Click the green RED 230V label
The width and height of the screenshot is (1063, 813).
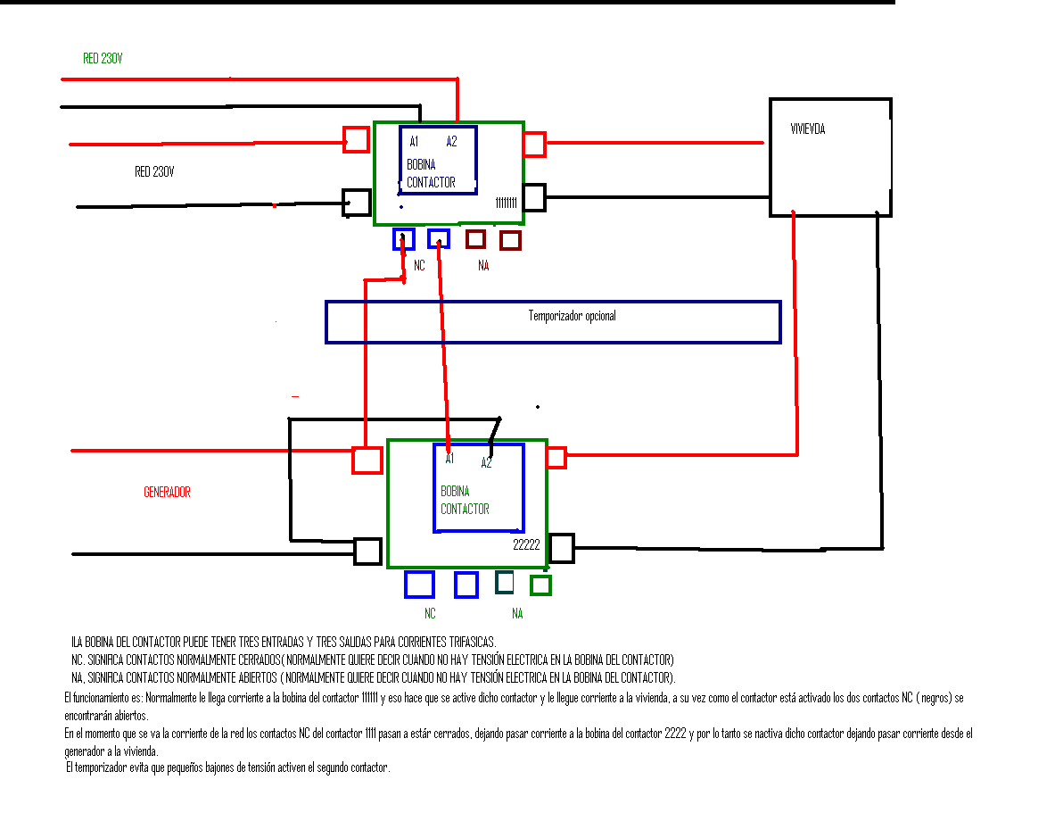103,58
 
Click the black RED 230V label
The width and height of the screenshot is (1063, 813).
154,171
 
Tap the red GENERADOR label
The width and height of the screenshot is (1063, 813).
167,492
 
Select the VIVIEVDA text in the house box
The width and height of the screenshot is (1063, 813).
807,129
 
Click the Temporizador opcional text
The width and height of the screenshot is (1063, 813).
573,316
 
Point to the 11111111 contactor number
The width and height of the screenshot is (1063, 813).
506,203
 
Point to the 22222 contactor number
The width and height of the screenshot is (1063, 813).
526,544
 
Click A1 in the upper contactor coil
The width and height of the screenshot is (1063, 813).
414,141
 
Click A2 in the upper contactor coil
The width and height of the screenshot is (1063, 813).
451,141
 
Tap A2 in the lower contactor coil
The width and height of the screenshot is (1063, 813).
486,463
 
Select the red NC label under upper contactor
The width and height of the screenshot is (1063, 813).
419,265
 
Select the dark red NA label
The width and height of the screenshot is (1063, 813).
483,265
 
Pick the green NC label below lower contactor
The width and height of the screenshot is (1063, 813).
430,613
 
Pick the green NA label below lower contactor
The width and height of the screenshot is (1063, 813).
517,613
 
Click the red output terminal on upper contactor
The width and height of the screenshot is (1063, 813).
534,144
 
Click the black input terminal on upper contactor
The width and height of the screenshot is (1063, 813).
357,203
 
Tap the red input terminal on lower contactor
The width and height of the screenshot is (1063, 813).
367,460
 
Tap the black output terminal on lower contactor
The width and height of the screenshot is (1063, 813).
561,548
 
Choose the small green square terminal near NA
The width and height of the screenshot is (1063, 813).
540,585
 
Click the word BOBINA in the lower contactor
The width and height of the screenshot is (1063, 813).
455,491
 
